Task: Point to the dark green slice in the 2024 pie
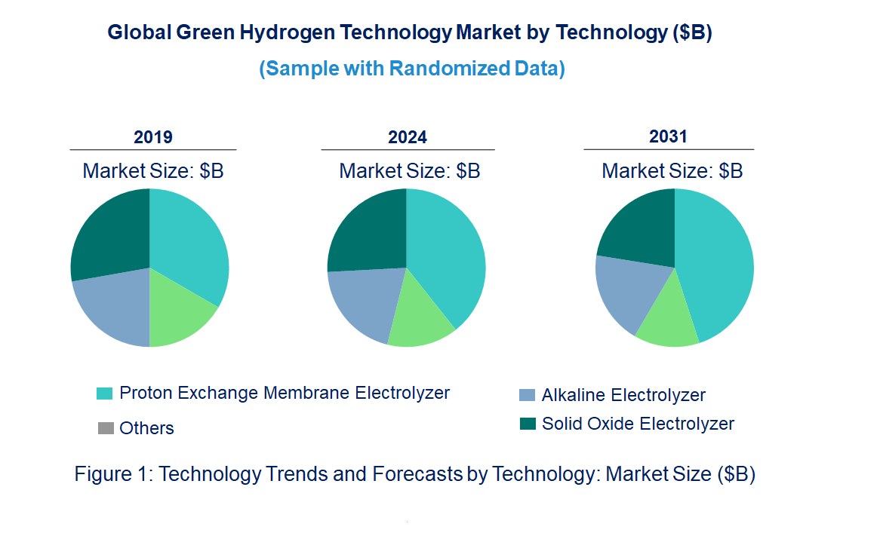[x=367, y=230]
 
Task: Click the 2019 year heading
[x=153, y=137]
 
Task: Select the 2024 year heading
[x=408, y=137]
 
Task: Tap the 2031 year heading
[x=669, y=136]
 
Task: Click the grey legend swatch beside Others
[x=106, y=429]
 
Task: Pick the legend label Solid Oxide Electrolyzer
[x=638, y=424]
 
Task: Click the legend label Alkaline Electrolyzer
[x=623, y=395]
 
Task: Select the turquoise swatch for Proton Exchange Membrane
[x=105, y=394]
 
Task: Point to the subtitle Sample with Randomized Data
[x=412, y=69]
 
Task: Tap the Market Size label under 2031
[x=672, y=171]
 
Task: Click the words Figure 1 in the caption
[x=112, y=474]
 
